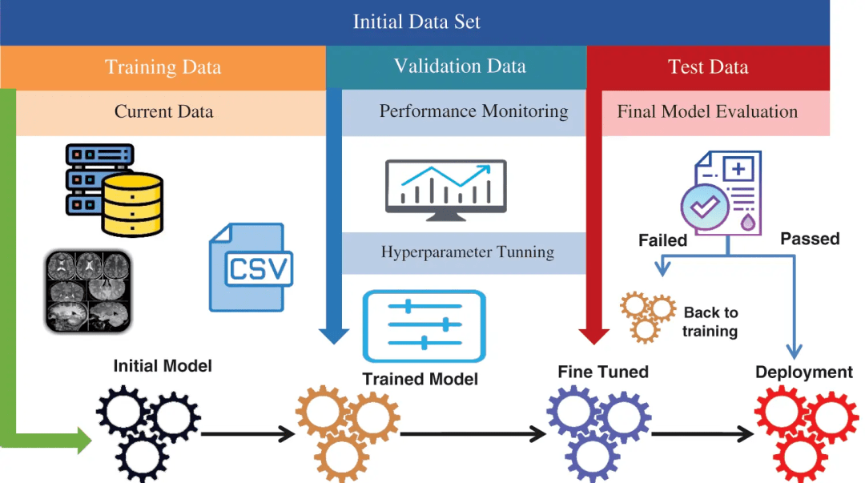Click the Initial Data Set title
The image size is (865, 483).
click(416, 22)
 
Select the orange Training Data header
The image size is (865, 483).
click(163, 67)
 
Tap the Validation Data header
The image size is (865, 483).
click(460, 66)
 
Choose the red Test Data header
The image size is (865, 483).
click(708, 67)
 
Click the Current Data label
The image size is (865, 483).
click(163, 112)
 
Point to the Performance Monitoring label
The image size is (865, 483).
click(473, 112)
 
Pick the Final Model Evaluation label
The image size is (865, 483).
click(707, 112)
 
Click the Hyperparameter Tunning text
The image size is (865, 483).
click(468, 252)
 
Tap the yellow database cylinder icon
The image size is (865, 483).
click(132, 205)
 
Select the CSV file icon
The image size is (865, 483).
click(251, 268)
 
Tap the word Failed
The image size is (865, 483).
click(662, 240)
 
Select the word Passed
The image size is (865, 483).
click(810, 239)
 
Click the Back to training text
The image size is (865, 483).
click(710, 322)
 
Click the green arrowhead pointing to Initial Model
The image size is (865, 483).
click(83, 439)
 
